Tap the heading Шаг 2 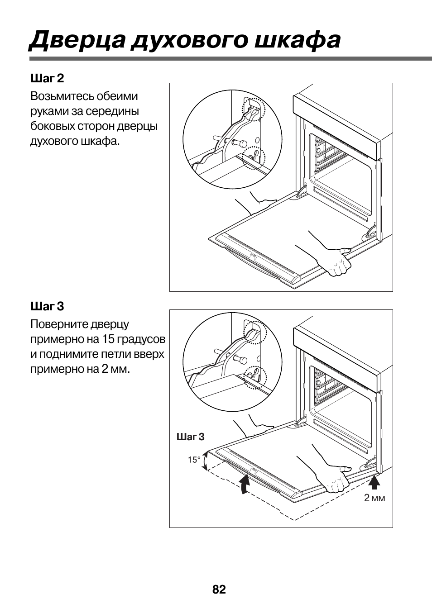pyautogui.click(x=47, y=78)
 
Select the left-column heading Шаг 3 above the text pyautogui.click(x=47, y=306)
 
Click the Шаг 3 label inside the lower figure pyautogui.click(x=190, y=437)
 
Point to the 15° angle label pyautogui.click(x=194, y=460)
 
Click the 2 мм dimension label pyautogui.click(x=374, y=498)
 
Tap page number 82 pyautogui.click(x=219, y=589)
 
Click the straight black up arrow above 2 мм pyautogui.click(x=374, y=483)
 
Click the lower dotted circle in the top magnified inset pyautogui.click(x=253, y=157)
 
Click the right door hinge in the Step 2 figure pyautogui.click(x=371, y=232)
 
